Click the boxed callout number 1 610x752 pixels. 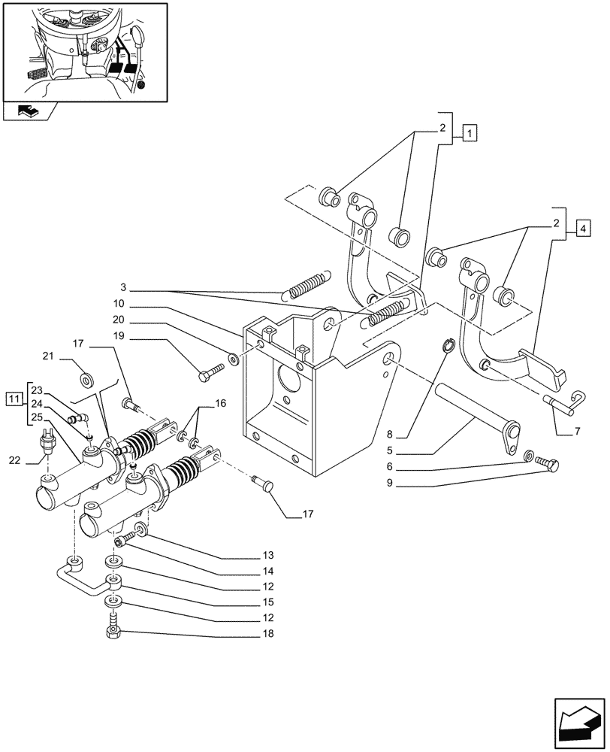[469, 135]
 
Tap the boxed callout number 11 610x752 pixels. [14, 399]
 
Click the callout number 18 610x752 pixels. [268, 634]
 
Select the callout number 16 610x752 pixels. [219, 404]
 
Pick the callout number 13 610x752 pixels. [268, 558]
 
